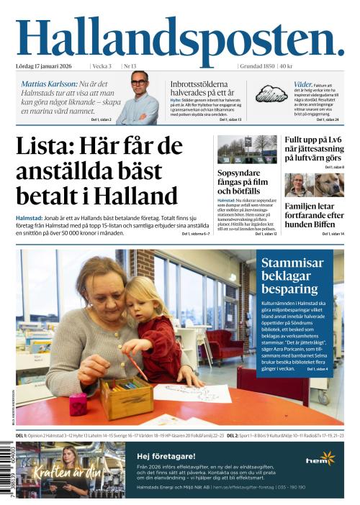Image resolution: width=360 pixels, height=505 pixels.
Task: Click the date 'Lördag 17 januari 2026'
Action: pyautogui.click(x=50, y=66)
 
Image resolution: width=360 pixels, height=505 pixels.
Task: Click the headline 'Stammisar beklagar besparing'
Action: pyautogui.click(x=293, y=276)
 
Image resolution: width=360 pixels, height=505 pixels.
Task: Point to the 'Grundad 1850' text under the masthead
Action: pyautogui.click(x=257, y=66)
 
